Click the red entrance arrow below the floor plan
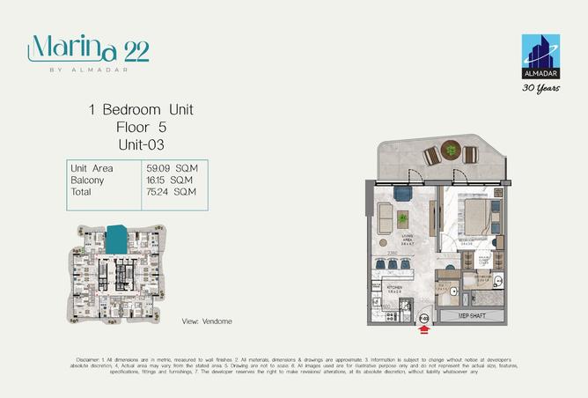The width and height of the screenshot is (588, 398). pyautogui.click(x=424, y=331)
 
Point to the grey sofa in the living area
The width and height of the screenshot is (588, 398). pyautogui.click(x=385, y=217)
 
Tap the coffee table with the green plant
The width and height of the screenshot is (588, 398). pyautogui.click(x=402, y=217)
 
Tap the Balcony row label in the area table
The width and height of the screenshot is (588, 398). pyautogui.click(x=86, y=179)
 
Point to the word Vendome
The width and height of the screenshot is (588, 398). pyautogui.click(x=217, y=321)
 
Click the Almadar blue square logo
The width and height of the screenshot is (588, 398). pyautogui.click(x=540, y=55)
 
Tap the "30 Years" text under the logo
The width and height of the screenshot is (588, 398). pyautogui.click(x=540, y=88)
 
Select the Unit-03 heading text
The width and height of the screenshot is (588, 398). pyautogui.click(x=140, y=143)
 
